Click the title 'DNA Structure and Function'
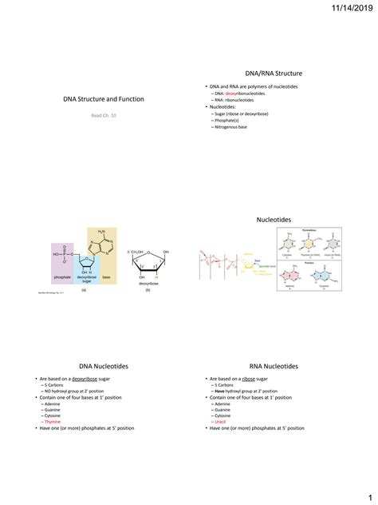(97, 100)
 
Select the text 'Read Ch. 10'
(96, 115)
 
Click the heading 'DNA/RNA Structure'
(274, 73)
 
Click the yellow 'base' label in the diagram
(106, 276)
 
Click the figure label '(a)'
(84, 291)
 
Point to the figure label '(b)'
(148, 291)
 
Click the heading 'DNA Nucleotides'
(97, 366)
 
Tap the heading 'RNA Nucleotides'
(274, 366)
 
